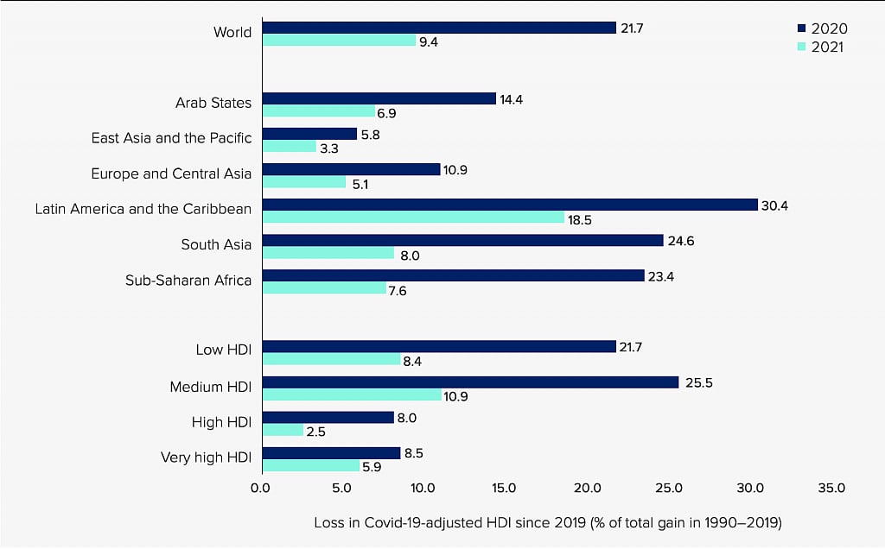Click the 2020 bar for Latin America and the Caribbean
click(x=509, y=205)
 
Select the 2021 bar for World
click(x=338, y=40)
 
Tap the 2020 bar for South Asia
click(x=462, y=240)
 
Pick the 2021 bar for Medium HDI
click(x=352, y=394)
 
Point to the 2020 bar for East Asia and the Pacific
click(x=309, y=134)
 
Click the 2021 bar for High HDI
click(x=283, y=430)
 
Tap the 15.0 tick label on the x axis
click(x=505, y=488)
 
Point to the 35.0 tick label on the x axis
click(x=831, y=488)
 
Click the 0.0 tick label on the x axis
click(x=260, y=488)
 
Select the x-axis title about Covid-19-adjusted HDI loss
click(x=548, y=522)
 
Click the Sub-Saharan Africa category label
click(x=188, y=280)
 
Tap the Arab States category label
click(x=213, y=103)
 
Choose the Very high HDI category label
click(x=206, y=457)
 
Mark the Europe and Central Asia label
click(x=171, y=174)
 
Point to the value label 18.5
click(x=580, y=220)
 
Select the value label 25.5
click(x=694, y=382)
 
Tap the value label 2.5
click(x=315, y=432)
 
